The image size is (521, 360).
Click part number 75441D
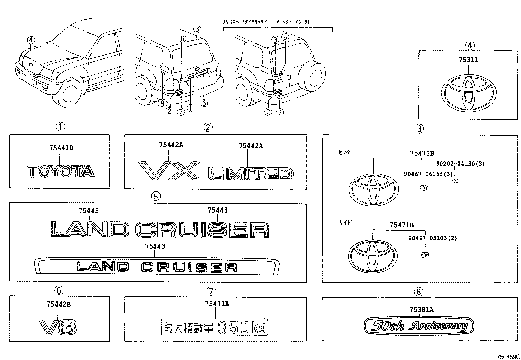tap(61, 148)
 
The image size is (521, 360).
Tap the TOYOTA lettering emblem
tap(61, 171)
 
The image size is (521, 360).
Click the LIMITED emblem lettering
tap(251, 174)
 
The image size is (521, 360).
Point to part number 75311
tap(468, 60)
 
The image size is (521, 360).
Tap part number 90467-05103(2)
tap(432, 238)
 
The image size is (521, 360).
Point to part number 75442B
tap(59, 304)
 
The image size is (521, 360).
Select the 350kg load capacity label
tap(215, 327)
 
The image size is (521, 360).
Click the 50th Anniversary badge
tap(419, 326)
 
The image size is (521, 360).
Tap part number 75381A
tap(421, 309)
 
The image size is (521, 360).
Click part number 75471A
tap(217, 304)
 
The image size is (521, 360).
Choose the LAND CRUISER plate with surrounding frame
tap(157, 266)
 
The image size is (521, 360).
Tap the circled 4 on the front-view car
tap(31, 40)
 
